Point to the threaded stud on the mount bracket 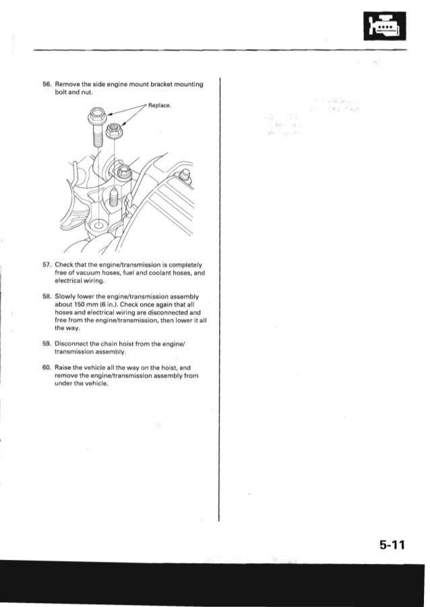tap(115, 199)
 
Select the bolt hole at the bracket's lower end tap(100, 224)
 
